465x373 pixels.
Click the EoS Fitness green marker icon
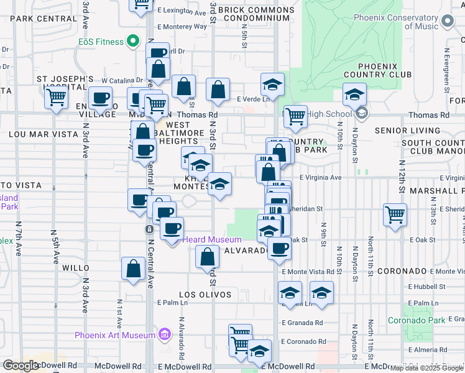(132, 42)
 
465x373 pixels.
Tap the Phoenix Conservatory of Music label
(397, 22)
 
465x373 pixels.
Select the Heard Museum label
(211, 240)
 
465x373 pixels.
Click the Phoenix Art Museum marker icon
(165, 335)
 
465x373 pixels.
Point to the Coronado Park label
(417, 320)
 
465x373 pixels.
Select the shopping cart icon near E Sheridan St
(395, 215)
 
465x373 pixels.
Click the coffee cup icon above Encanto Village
(100, 98)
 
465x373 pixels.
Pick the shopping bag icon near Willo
(134, 269)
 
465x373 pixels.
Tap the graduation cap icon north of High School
(354, 94)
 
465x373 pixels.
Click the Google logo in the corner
(21, 366)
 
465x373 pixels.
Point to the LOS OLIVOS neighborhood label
(205, 295)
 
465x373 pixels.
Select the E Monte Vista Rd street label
(308, 272)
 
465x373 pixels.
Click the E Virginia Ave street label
(321, 177)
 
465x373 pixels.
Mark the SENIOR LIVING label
(406, 131)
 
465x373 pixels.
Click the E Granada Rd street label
(302, 323)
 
